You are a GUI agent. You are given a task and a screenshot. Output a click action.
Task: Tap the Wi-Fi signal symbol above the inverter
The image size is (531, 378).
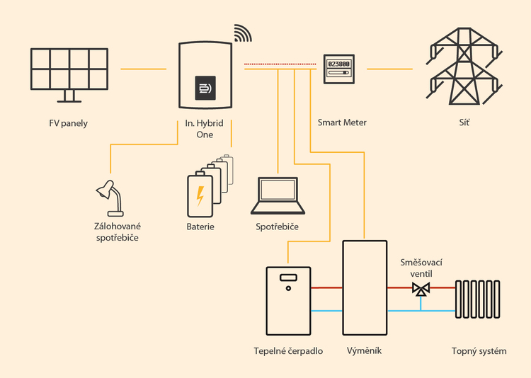tap(243, 33)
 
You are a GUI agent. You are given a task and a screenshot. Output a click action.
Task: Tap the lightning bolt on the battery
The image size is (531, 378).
tap(200, 195)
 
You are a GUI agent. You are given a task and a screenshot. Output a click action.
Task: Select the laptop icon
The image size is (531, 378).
tap(278, 196)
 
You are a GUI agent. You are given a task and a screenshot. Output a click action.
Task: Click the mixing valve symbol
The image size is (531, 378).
tap(421, 289)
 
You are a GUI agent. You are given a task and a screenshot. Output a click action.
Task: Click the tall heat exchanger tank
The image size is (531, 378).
tap(364, 290)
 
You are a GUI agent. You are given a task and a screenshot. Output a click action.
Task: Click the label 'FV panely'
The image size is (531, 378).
tap(69, 123)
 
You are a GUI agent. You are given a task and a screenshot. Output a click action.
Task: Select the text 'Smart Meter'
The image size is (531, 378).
tap(343, 123)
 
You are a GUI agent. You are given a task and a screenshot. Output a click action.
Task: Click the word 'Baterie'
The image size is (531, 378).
tap(200, 227)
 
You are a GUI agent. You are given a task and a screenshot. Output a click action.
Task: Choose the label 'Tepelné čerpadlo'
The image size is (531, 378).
tap(288, 350)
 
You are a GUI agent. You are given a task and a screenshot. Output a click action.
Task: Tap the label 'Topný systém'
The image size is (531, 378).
tap(479, 350)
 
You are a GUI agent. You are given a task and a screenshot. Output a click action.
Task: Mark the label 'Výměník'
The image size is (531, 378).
tap(364, 350)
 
